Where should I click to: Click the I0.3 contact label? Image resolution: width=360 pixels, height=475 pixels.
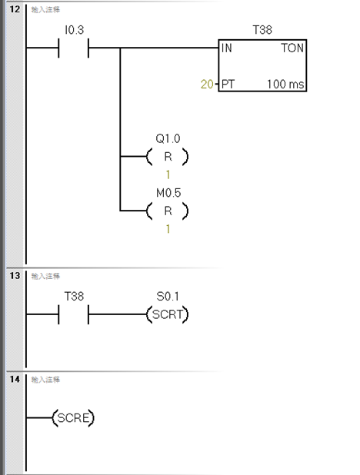74,30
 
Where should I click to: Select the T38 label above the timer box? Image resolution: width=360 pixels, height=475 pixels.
262,30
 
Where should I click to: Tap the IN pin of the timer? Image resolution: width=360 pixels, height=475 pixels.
227,48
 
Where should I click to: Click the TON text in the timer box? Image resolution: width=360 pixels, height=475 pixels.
292,48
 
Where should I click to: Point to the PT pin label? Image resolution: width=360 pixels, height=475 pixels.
228,84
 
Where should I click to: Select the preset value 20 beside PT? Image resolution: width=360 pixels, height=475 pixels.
207,84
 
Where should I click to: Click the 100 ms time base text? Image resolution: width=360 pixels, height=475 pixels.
285,84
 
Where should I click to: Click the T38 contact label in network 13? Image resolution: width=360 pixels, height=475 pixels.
74,296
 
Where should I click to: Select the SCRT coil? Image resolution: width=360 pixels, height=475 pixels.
168,314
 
